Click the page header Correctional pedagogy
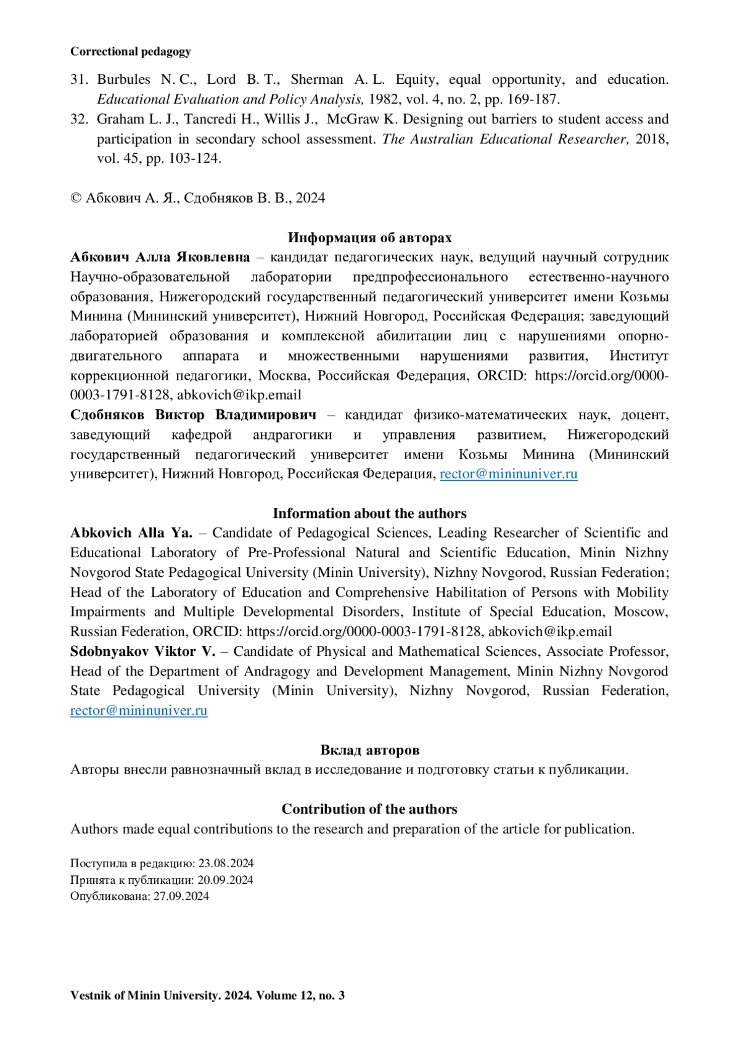coord(130,52)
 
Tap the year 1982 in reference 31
coord(382,99)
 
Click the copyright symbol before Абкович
coord(76,198)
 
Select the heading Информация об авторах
coord(369,238)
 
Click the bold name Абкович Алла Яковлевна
coord(160,257)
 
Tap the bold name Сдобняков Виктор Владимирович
coord(193,415)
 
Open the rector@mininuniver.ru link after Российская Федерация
coord(508,474)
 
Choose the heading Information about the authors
coord(369,513)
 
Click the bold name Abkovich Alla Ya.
coord(131,533)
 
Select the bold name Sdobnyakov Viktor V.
coord(142,652)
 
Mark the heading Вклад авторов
coord(369,750)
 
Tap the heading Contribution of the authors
coord(369,809)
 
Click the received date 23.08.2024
coord(226,864)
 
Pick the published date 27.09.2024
coord(181,896)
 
